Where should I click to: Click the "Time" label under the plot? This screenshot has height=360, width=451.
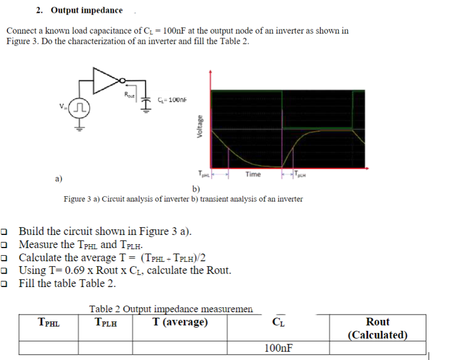(253, 174)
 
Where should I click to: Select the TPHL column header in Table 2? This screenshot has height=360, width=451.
(49, 322)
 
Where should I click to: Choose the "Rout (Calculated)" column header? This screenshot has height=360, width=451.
(377, 328)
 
